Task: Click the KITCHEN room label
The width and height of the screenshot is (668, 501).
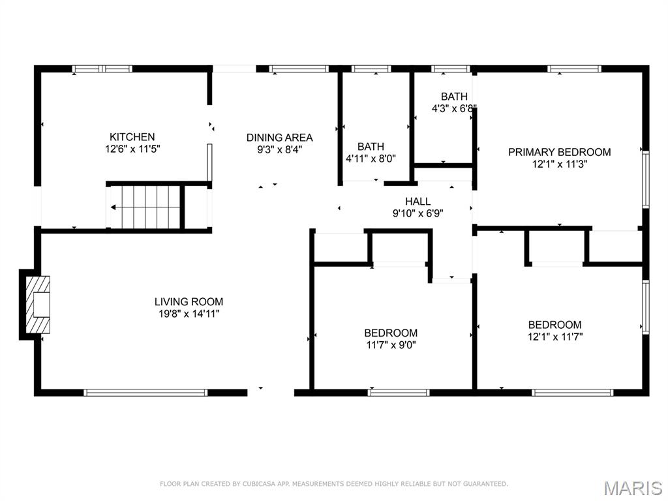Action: (132, 136)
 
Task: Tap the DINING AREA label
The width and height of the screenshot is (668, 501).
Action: (279, 137)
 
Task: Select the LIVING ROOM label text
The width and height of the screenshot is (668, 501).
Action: (189, 301)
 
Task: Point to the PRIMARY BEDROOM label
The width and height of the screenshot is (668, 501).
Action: (559, 152)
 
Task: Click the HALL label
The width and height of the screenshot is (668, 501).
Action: (417, 202)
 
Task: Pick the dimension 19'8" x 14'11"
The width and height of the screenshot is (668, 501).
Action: (189, 314)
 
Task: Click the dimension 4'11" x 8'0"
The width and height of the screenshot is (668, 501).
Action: (371, 159)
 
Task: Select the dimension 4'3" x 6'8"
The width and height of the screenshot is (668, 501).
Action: (454, 108)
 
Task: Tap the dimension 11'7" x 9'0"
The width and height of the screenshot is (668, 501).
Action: (391, 345)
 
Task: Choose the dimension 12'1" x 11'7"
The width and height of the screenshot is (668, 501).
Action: (554, 337)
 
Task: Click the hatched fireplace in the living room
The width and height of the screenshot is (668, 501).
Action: (37, 305)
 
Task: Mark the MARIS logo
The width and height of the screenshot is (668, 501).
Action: (632, 488)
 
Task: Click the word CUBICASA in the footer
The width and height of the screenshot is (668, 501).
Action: (260, 484)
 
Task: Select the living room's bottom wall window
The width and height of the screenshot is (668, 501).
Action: (145, 393)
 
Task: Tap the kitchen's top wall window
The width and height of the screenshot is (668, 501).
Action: (102, 68)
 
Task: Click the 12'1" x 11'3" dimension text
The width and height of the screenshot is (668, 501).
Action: (559, 164)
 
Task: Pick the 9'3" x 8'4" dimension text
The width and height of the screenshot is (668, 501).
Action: (279, 149)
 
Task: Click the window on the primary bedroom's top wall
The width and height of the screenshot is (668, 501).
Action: (574, 68)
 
